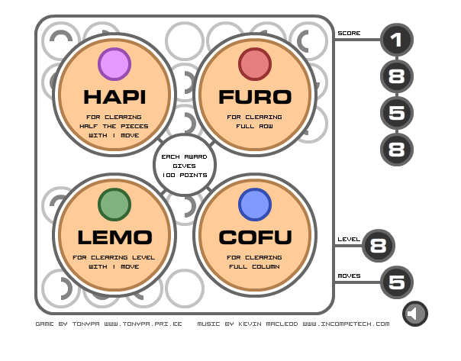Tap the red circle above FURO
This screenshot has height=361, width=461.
255,64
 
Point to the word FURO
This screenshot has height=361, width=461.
255,97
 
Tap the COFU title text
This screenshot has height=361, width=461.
255,237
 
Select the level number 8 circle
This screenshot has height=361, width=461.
377,245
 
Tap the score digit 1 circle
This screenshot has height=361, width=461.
395,40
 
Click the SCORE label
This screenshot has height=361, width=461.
350,34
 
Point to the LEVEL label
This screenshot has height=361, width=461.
349,240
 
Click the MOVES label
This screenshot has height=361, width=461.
350,276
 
